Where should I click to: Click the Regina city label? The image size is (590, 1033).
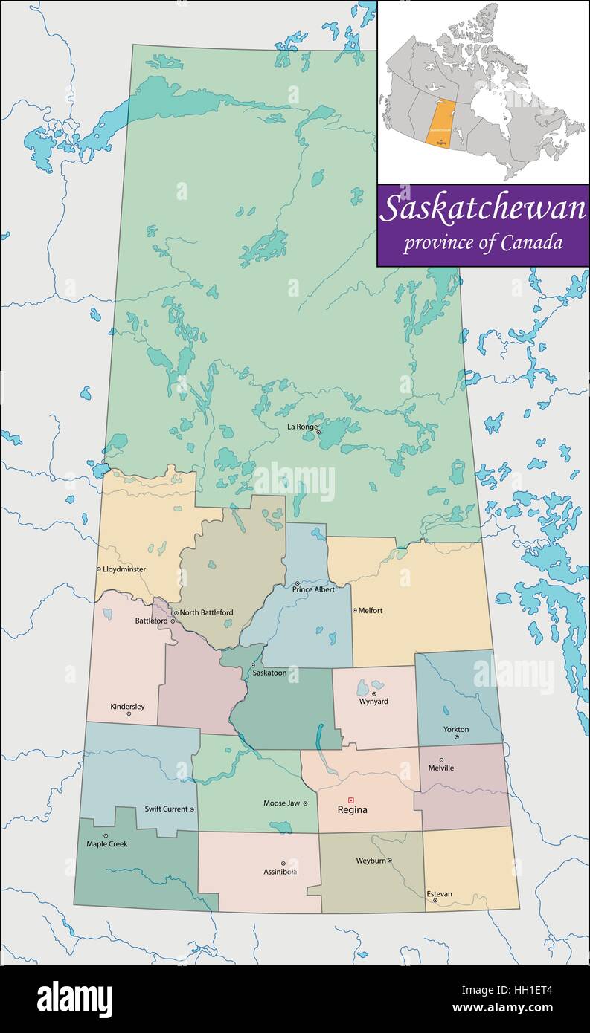tap(352, 810)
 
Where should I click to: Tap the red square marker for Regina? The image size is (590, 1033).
tap(351, 800)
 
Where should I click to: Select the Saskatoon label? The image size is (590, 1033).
tap(269, 673)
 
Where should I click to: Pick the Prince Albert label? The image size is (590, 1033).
tap(313, 589)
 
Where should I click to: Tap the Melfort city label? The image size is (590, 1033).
tap(371, 610)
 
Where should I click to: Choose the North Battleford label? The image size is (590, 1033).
tap(206, 612)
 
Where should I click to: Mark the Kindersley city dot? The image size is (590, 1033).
tap(129, 713)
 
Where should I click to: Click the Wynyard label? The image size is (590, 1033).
tap(373, 701)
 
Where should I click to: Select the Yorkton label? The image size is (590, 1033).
tap(456, 729)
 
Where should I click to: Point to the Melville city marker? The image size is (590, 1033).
tap(441, 760)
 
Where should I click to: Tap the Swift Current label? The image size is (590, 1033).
tap(166, 809)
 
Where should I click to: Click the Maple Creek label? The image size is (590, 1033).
tap(107, 844)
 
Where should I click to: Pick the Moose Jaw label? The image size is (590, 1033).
tap(281, 803)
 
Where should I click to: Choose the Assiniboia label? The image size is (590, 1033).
tap(280, 871)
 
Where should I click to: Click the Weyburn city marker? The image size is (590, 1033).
tap(390, 861)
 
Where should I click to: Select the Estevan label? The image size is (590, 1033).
tap(439, 894)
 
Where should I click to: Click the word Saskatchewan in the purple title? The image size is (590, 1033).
tap(483, 210)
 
